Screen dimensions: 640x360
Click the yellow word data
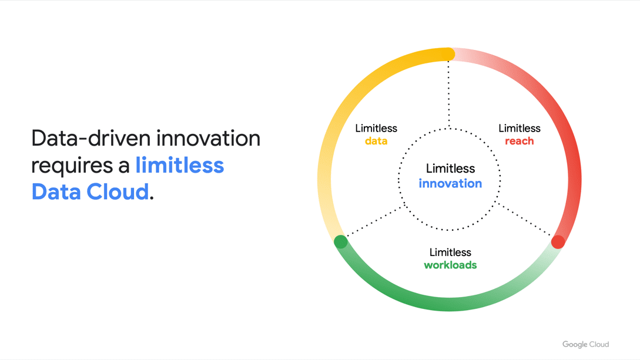pyautogui.click(x=376, y=141)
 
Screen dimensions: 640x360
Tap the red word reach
pyautogui.click(x=519, y=141)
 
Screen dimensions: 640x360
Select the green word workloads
pyautogui.click(x=450, y=265)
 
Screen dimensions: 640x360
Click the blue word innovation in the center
pyautogui.click(x=450, y=183)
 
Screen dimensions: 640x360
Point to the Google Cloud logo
pyautogui.click(x=585, y=344)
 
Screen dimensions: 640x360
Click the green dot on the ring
pyautogui.click(x=341, y=242)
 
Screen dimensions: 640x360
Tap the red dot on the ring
pyautogui.click(x=558, y=242)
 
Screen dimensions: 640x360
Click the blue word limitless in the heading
pyautogui.click(x=180, y=165)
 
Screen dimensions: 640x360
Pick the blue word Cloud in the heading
pyautogui.click(x=118, y=191)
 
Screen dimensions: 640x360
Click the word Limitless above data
pyautogui.click(x=376, y=129)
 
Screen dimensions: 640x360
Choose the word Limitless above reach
pyautogui.click(x=519, y=129)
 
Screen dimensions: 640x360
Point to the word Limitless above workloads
pyautogui.click(x=450, y=253)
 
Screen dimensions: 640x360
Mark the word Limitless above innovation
pyautogui.click(x=450, y=169)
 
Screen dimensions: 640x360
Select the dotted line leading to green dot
pyautogui.click(x=374, y=221)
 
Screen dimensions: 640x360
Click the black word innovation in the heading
pyautogui.click(x=208, y=138)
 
